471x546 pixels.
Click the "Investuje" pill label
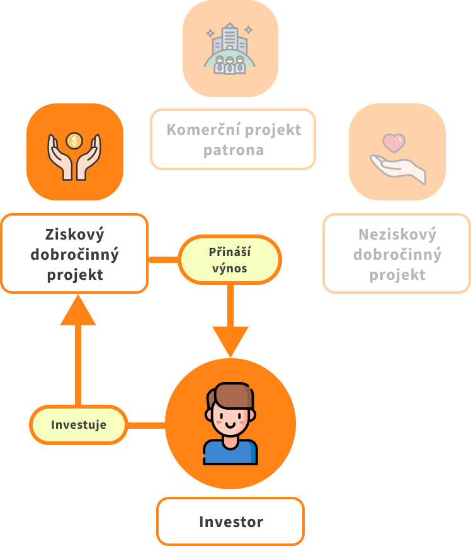(x=79, y=424)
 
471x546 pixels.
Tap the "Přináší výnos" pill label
(x=229, y=260)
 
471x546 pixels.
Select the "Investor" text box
(x=230, y=521)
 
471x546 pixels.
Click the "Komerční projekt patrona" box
(x=233, y=139)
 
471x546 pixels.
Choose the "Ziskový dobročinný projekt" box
(x=74, y=253)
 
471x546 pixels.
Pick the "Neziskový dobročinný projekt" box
(x=397, y=253)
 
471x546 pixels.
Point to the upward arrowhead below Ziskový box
(x=78, y=311)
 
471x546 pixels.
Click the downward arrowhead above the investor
(x=230, y=341)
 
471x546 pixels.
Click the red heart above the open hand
(x=394, y=143)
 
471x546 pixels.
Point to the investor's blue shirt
(x=230, y=453)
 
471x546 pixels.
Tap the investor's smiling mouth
(x=230, y=426)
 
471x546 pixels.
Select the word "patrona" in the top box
(x=234, y=151)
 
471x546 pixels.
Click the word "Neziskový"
(x=397, y=235)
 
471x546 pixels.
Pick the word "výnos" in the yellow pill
(x=229, y=268)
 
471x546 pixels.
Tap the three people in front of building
(x=230, y=64)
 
